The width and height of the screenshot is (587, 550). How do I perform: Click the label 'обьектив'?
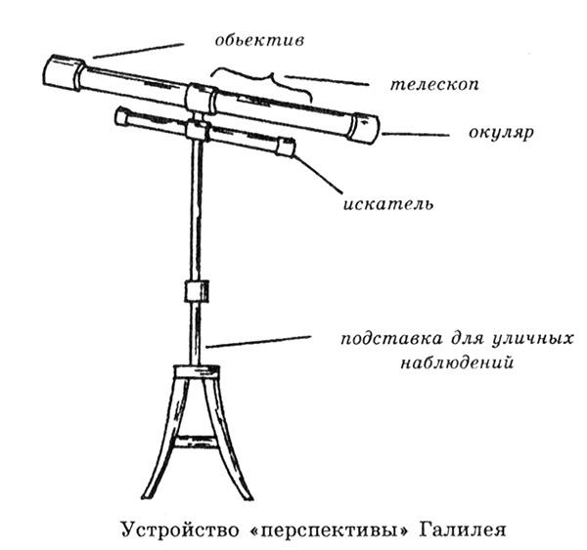pyautogui.click(x=259, y=40)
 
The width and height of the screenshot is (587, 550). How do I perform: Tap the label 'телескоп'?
pyautogui.click(x=434, y=85)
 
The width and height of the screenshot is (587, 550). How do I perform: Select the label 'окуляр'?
pyautogui.click(x=501, y=133)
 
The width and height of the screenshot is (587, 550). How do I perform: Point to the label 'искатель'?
pyautogui.click(x=388, y=204)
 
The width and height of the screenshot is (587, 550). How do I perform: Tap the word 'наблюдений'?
pyautogui.click(x=456, y=362)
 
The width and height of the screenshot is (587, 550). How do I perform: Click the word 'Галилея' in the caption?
pyautogui.click(x=463, y=529)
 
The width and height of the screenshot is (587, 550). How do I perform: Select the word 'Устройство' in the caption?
pyautogui.click(x=180, y=530)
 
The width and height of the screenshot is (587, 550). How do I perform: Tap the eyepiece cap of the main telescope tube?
pyautogui.click(x=364, y=128)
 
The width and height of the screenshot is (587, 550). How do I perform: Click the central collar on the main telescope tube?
pyautogui.click(x=201, y=99)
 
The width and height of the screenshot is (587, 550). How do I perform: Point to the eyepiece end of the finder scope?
pyautogui.click(x=286, y=147)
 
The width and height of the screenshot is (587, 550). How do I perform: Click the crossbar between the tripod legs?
pyautogui.click(x=196, y=442)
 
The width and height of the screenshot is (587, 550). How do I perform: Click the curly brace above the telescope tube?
pyautogui.click(x=261, y=84)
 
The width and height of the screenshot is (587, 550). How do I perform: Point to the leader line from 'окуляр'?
pyautogui.click(x=415, y=134)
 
